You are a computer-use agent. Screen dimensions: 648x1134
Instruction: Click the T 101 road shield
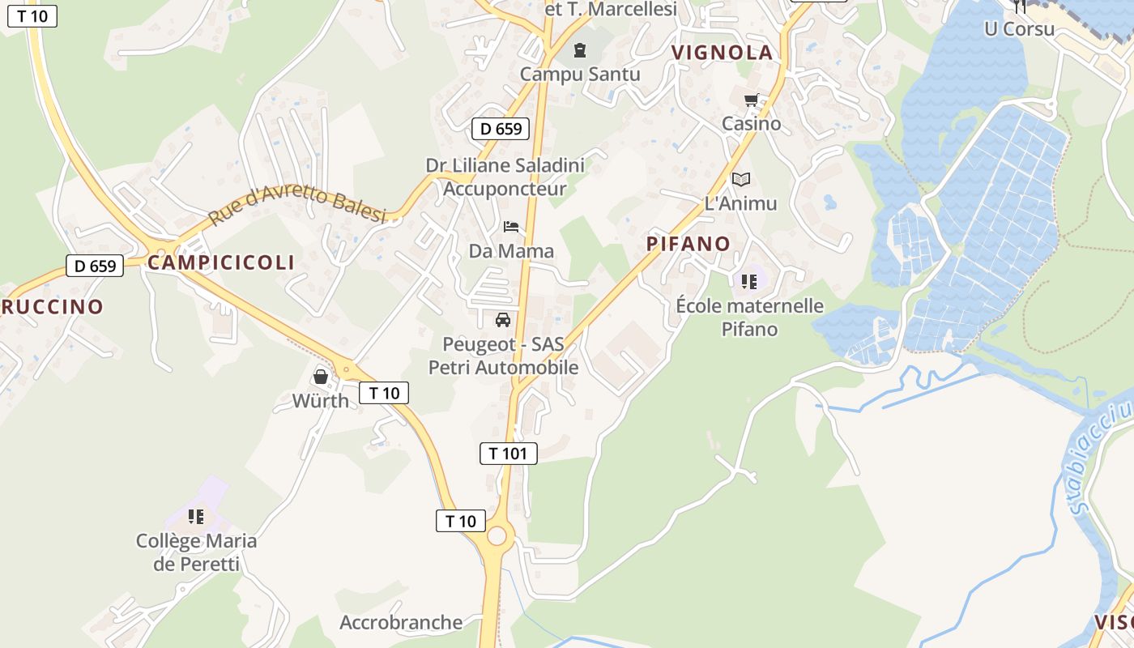pyautogui.click(x=509, y=454)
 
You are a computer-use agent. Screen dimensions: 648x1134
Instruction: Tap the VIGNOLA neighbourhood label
pyautogui.click(x=722, y=53)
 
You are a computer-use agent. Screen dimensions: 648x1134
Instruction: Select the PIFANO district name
pyautogui.click(x=688, y=244)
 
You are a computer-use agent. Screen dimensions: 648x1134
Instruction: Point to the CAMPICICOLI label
pyautogui.click(x=221, y=262)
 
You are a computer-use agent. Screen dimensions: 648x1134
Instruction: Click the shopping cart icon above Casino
pyautogui.click(x=751, y=100)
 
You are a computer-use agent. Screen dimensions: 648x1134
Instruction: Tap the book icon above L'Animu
pyautogui.click(x=740, y=179)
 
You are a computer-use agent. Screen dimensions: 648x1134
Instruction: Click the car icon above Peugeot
pyautogui.click(x=503, y=320)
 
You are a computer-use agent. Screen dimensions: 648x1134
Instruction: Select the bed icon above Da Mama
pyautogui.click(x=511, y=226)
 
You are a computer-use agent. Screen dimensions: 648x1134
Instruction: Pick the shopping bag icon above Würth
pyautogui.click(x=321, y=377)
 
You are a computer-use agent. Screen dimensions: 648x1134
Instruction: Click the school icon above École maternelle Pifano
pyautogui.click(x=749, y=282)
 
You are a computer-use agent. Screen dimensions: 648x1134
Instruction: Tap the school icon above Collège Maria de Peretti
pyautogui.click(x=196, y=516)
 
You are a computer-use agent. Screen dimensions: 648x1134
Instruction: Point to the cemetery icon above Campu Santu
pyautogui.click(x=580, y=51)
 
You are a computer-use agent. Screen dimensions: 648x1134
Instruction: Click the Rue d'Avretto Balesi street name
pyautogui.click(x=296, y=206)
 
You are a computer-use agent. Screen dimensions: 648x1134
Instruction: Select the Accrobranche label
pyautogui.click(x=401, y=623)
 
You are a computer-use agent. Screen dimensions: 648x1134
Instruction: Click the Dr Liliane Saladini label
pyautogui.click(x=505, y=165)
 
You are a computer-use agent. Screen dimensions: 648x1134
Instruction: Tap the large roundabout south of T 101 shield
pyautogui.click(x=497, y=535)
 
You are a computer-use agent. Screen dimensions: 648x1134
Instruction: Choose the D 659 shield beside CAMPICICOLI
pyautogui.click(x=95, y=266)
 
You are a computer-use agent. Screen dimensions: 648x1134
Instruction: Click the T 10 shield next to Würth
pyautogui.click(x=384, y=394)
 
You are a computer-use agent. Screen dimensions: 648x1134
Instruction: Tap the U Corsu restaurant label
pyautogui.click(x=1019, y=29)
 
